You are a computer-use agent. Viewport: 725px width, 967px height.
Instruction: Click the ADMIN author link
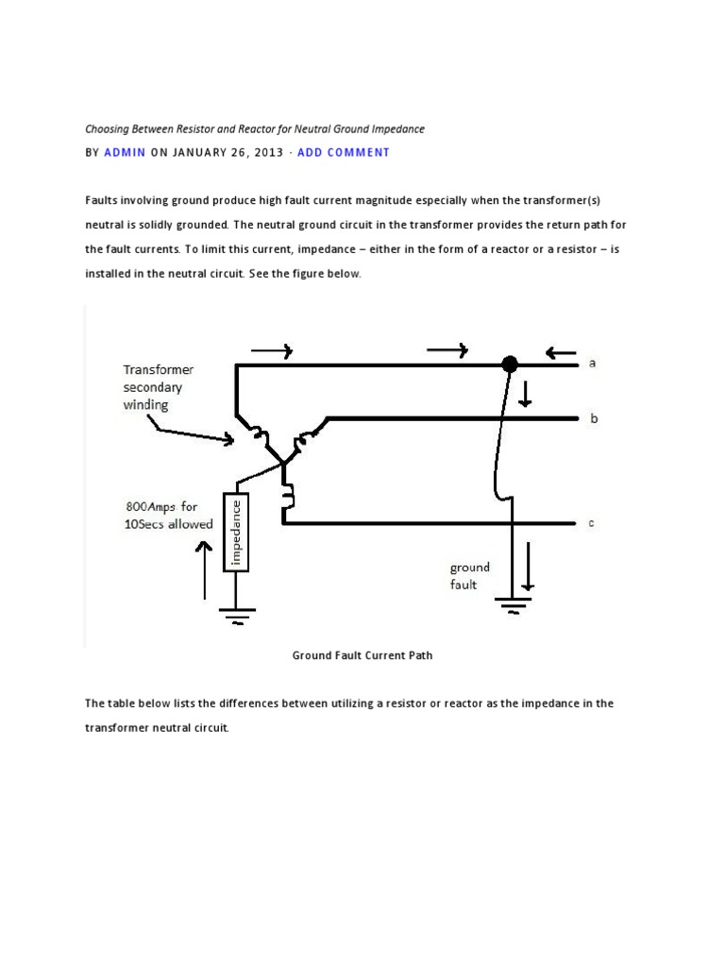125,152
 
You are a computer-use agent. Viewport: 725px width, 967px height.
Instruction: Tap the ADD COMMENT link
343,152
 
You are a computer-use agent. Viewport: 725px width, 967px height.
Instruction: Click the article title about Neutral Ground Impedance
255,127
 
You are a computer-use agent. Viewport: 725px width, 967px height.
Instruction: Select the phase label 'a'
592,363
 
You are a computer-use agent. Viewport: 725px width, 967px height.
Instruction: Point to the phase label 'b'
592,417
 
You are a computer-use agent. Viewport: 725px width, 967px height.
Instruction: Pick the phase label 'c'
592,523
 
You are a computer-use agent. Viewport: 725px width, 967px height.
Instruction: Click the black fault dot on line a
510,364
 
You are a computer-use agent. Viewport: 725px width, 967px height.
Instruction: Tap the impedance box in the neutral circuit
236,532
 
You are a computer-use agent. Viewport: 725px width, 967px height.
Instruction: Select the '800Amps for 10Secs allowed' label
168,517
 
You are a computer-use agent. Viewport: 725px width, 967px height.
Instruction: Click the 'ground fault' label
469,575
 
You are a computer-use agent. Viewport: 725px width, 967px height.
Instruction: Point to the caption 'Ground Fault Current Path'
362,654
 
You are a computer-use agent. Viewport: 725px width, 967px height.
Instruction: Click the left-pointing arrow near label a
561,355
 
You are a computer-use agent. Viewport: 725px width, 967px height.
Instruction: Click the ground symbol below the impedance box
236,614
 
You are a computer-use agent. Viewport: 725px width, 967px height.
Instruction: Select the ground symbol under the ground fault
513,604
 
